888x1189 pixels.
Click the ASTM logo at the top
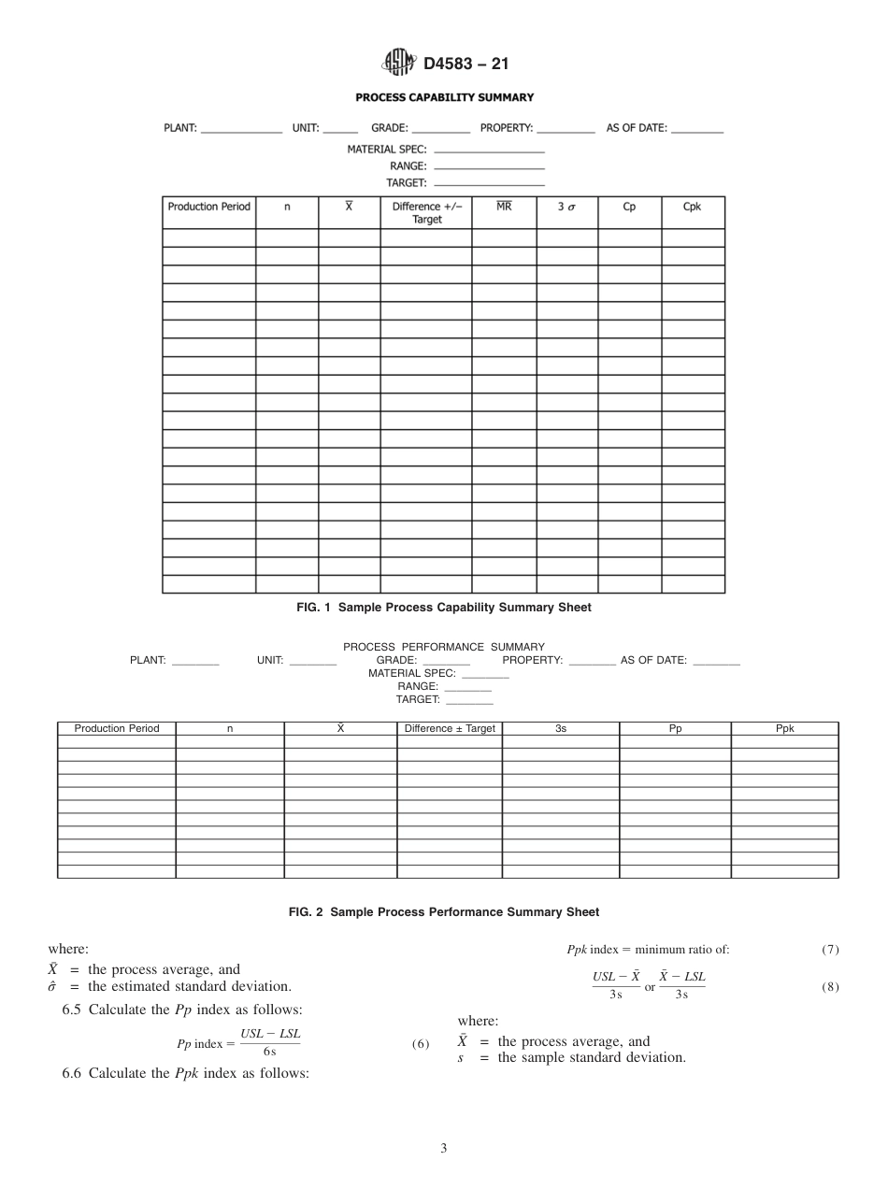click(x=399, y=64)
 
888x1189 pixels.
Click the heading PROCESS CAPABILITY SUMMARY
click(x=444, y=97)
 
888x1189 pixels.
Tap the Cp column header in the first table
click(x=629, y=208)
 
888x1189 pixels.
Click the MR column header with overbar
click(x=504, y=207)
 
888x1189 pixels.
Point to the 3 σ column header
click(x=566, y=208)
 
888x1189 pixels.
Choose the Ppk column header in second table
click(x=784, y=728)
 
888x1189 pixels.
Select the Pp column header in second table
click(x=675, y=728)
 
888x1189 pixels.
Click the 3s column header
click(x=560, y=728)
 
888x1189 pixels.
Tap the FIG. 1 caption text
click(x=444, y=608)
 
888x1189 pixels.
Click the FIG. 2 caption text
click(x=444, y=911)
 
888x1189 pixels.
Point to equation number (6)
click(x=420, y=1045)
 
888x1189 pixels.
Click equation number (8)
click(x=830, y=986)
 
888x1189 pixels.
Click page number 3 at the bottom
click(x=444, y=1149)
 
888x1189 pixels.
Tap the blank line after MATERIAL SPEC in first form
click(x=489, y=150)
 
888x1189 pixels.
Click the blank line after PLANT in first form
click(x=241, y=132)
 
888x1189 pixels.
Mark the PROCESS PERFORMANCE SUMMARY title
click(x=444, y=647)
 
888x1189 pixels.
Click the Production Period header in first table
click(x=209, y=208)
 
